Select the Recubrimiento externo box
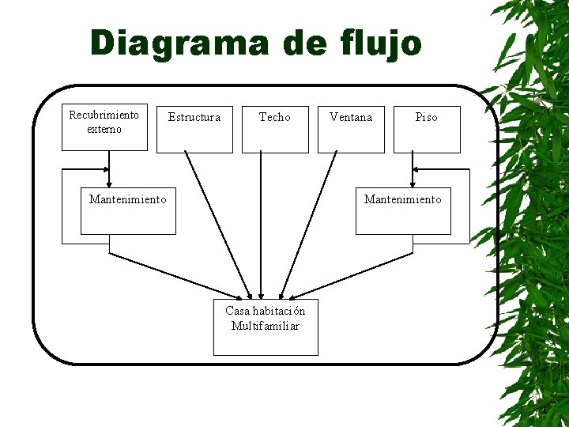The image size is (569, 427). [x=104, y=127]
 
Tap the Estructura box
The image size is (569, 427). [x=194, y=128]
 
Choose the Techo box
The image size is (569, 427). [x=275, y=128]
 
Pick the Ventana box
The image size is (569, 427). [x=351, y=128]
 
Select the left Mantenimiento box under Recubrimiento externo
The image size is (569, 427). [x=128, y=210]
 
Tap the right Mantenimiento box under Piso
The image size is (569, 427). [x=403, y=210]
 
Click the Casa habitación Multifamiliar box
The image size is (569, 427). [x=266, y=327]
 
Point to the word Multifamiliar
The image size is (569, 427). [x=266, y=326]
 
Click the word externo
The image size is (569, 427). [x=104, y=129]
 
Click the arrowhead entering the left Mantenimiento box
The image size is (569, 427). [x=109, y=181]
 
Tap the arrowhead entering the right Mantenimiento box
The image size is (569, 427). [x=413, y=181]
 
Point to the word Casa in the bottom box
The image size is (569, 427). [x=238, y=311]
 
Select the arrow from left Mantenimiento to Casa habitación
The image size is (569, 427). [x=182, y=276]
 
